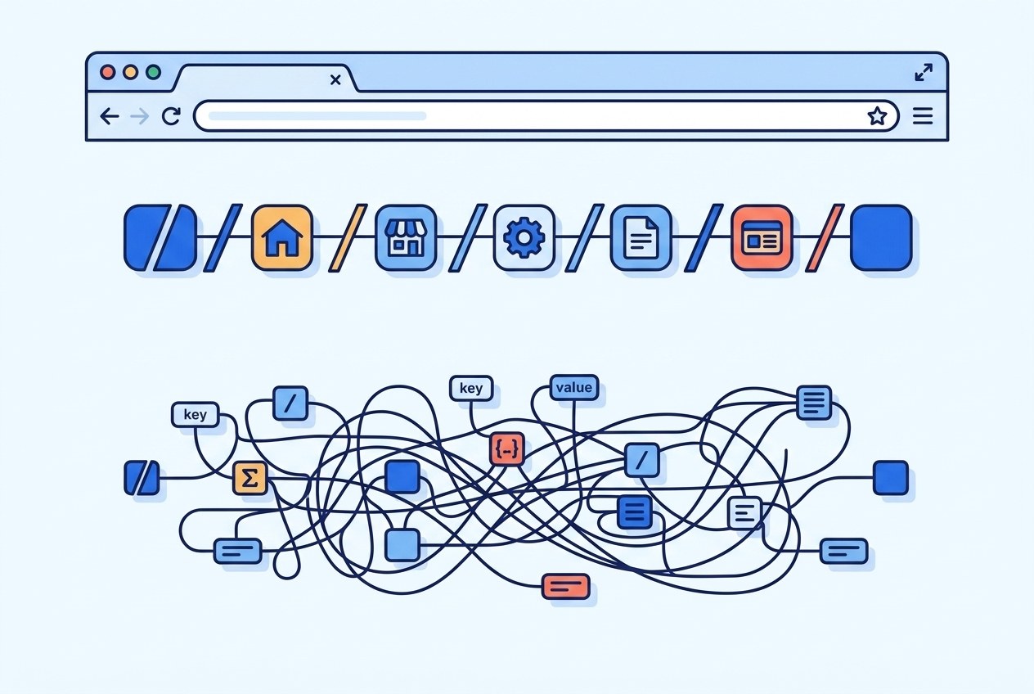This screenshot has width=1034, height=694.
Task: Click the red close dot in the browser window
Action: [x=107, y=72]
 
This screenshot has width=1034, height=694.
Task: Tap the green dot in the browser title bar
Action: [x=153, y=72]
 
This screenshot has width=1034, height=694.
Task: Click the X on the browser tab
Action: [x=335, y=79]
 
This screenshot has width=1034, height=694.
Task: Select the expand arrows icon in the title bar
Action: [x=924, y=72]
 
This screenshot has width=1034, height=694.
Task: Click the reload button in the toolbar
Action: [x=170, y=116]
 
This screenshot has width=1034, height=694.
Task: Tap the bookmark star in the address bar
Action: [x=877, y=116]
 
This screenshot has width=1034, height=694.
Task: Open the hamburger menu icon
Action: [x=923, y=116]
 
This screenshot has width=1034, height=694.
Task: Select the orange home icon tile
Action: [x=282, y=237]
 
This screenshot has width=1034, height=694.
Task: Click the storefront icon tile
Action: [x=405, y=237]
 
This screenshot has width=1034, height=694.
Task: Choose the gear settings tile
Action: [x=524, y=237]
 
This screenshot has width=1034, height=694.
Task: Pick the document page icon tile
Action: [x=641, y=237]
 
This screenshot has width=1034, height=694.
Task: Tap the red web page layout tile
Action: [x=762, y=237]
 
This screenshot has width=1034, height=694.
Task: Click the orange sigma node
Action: [x=250, y=478]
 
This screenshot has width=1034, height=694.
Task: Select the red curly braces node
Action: [x=507, y=449]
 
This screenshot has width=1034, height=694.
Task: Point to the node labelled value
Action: [x=574, y=388]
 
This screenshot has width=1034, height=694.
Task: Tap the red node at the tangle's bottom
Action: [x=565, y=586]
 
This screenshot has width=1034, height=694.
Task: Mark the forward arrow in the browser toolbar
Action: [x=139, y=116]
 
